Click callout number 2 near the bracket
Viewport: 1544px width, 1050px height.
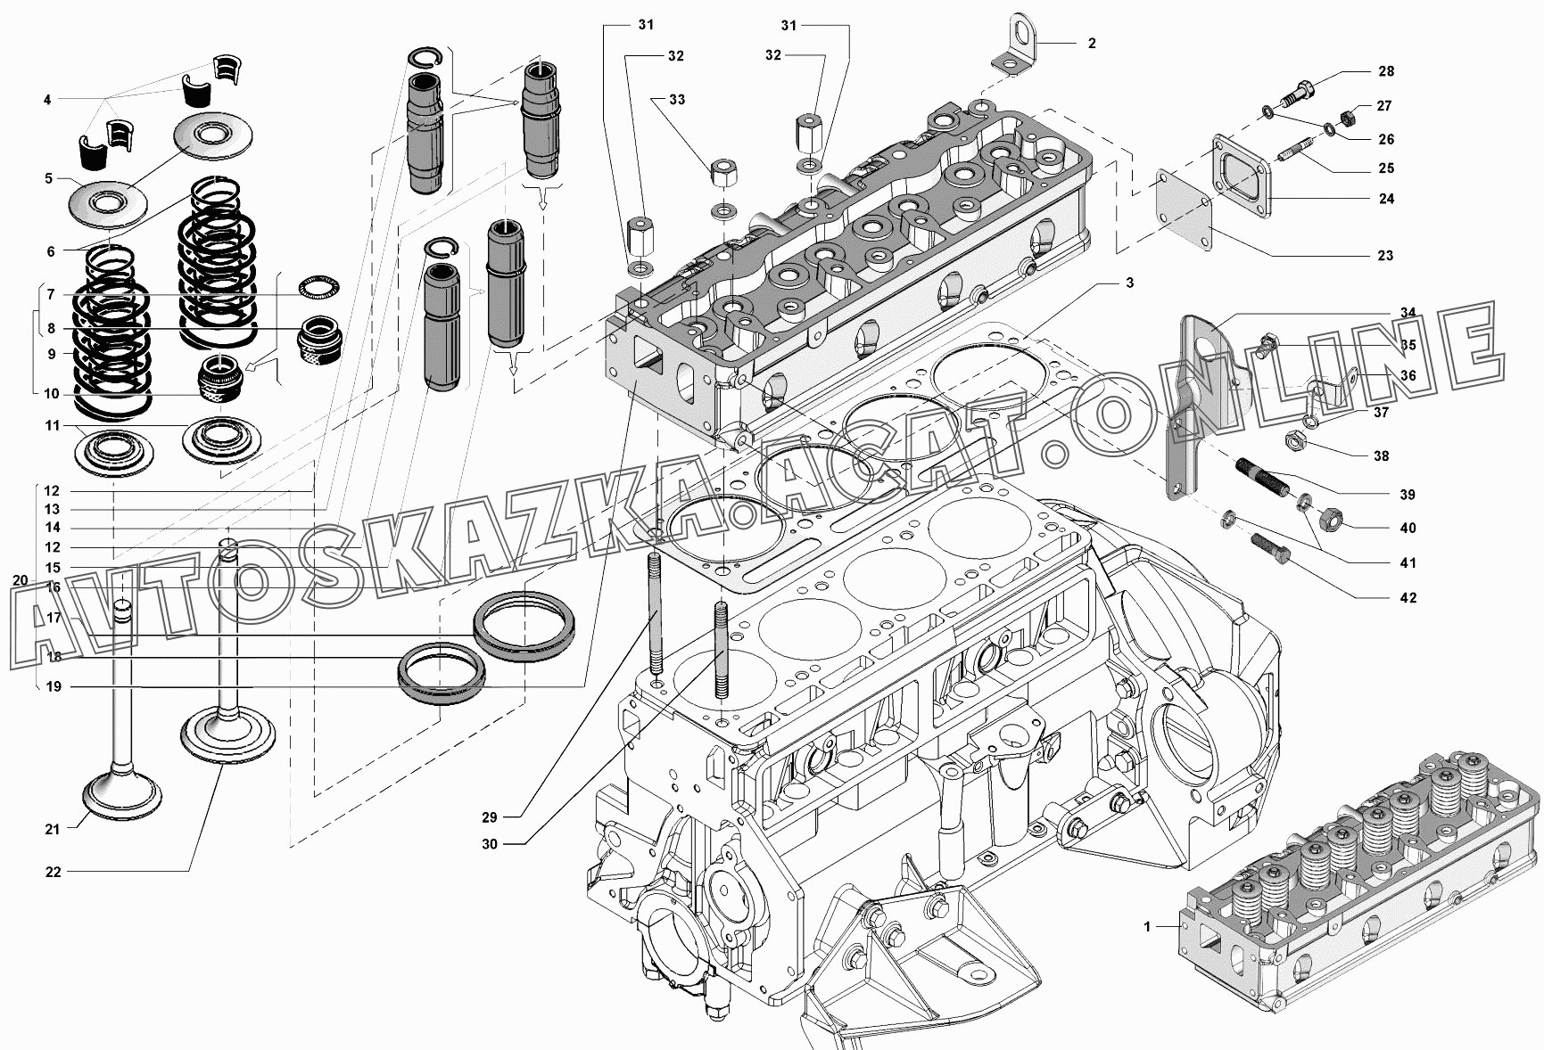(1092, 43)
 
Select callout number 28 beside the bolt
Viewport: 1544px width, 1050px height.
(1385, 71)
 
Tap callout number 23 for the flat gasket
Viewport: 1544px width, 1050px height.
(1384, 256)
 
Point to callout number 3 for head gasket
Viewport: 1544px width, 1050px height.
(1129, 283)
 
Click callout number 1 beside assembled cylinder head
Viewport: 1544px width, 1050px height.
(1148, 927)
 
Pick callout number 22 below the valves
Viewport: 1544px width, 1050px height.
(54, 872)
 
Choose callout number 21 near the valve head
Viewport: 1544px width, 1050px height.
(53, 829)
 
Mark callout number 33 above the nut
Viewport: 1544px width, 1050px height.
(677, 99)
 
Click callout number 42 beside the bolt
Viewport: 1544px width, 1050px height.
(1408, 598)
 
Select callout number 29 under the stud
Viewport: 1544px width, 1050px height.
(490, 817)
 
